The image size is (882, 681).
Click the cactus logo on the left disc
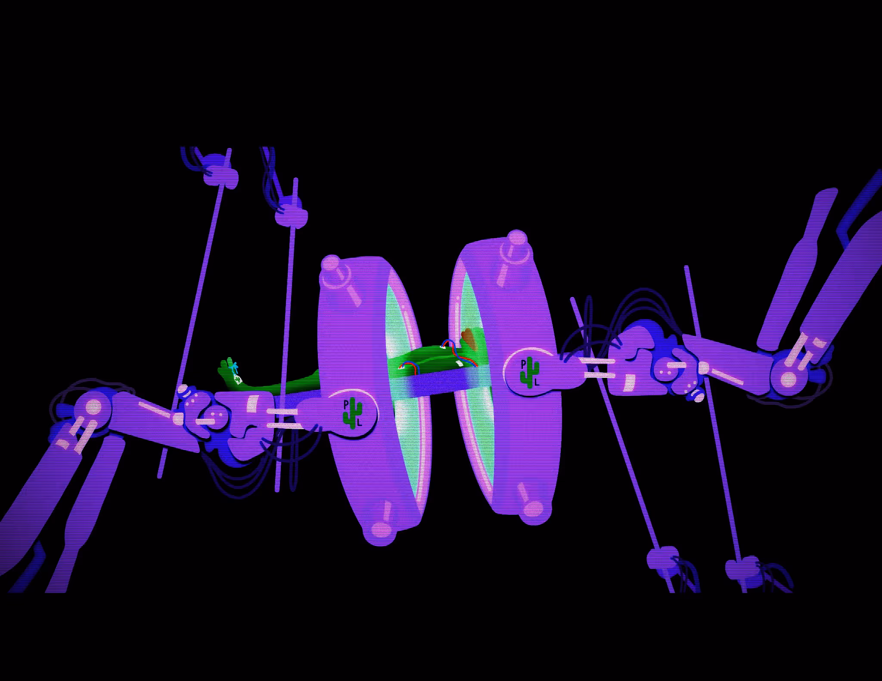353,413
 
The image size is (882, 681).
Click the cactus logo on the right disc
530,372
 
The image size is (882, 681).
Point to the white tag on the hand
237,379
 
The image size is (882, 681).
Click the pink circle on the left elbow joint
93,407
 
